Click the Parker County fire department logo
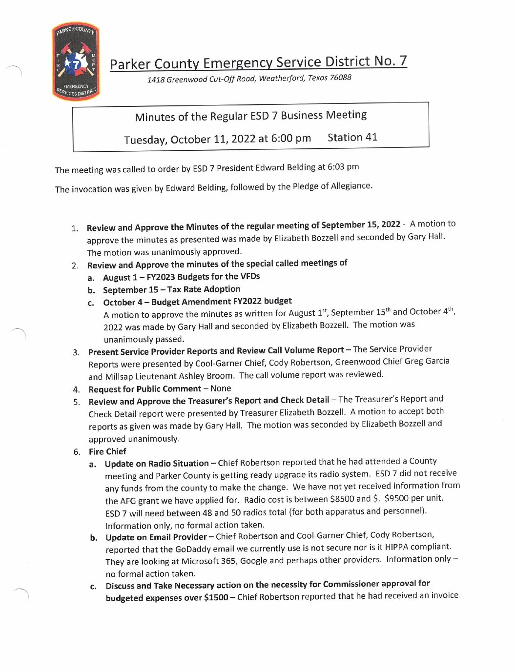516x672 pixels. pyautogui.click(x=76, y=61)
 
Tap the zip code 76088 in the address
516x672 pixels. pyautogui.click(x=340, y=77)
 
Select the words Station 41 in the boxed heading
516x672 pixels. pyautogui.click(x=352, y=137)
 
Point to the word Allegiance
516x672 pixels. pyautogui.click(x=351, y=186)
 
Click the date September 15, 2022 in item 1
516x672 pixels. pyautogui.click(x=361, y=224)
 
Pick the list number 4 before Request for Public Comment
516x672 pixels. pyautogui.click(x=76, y=389)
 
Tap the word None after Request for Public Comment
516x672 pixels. pyautogui.click(x=221, y=388)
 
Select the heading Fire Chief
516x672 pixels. pyautogui.click(x=107, y=451)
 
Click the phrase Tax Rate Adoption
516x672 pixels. pyautogui.click(x=204, y=289)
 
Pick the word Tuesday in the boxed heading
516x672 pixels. pyautogui.click(x=145, y=140)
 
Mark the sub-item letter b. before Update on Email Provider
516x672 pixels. pyautogui.click(x=94, y=538)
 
